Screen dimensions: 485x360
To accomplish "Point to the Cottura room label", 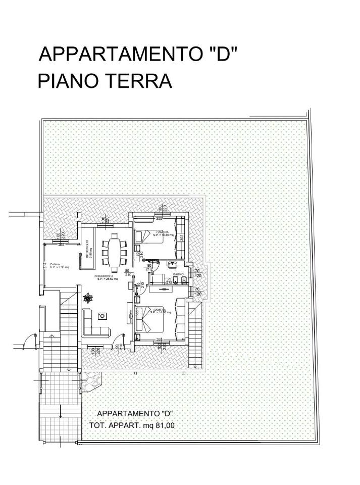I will [x=55, y=265].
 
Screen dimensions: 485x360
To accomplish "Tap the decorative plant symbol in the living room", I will [x=89, y=298].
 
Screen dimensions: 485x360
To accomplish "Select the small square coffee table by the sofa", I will [x=102, y=316].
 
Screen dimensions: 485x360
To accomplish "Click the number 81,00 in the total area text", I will [x=165, y=425].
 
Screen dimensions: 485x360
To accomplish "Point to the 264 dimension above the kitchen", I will [x=61, y=245].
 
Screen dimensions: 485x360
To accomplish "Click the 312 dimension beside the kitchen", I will [x=45, y=265].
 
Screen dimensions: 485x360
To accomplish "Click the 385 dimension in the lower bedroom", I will [x=137, y=313].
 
